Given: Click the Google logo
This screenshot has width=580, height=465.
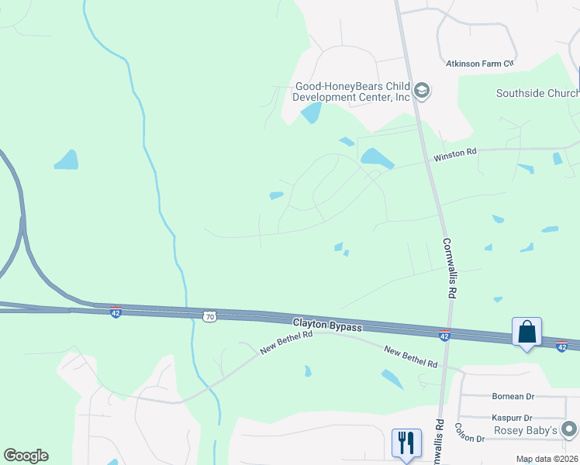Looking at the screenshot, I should (x=26, y=456).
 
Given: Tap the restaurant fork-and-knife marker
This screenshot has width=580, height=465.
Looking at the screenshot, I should (x=406, y=443).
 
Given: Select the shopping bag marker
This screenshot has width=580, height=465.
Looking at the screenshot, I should (x=526, y=332).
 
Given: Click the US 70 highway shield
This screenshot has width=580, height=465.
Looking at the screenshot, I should (x=209, y=316).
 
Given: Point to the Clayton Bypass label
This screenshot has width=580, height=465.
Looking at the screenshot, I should (x=326, y=325).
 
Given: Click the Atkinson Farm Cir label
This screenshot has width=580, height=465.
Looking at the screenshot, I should (x=480, y=63).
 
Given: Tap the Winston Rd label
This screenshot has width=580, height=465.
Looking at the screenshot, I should (x=454, y=154).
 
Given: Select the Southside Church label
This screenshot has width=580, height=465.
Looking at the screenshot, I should (x=537, y=93).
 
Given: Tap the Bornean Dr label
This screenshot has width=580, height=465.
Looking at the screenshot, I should (x=514, y=396).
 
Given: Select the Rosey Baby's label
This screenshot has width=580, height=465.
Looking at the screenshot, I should (x=526, y=430).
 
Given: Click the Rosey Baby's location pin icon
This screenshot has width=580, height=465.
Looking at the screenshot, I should (x=570, y=429).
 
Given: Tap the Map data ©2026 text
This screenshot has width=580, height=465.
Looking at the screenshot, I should (x=546, y=459).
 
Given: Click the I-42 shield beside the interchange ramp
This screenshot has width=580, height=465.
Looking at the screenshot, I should (x=115, y=312).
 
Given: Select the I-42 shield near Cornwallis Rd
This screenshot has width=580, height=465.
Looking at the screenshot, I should (x=444, y=336).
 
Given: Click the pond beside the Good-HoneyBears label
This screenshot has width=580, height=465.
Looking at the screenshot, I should (x=312, y=113).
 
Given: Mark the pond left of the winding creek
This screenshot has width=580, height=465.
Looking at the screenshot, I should (x=66, y=160).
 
